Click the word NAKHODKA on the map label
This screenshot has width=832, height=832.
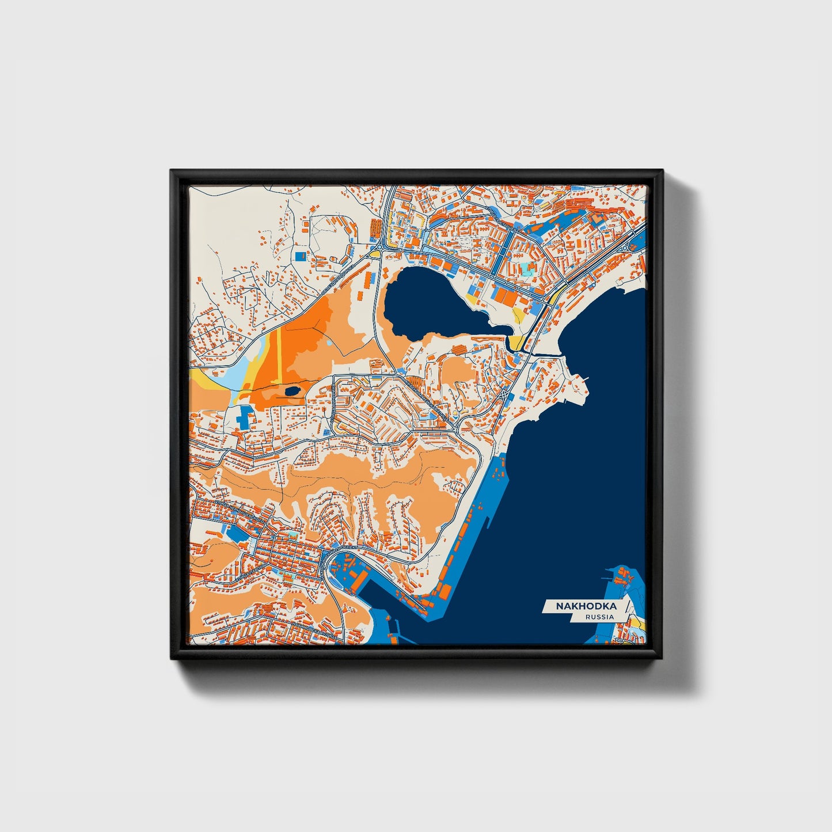[586, 606]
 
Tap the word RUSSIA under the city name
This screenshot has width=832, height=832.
[599, 617]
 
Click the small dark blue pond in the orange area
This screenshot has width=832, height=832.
[292, 392]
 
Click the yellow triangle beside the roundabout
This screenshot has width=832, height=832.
[374, 253]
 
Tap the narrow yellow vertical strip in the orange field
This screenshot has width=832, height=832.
[279, 357]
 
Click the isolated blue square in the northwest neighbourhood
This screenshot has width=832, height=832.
[300, 254]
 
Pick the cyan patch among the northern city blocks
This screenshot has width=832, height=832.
[527, 268]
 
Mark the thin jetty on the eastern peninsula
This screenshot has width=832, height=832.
[584, 379]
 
